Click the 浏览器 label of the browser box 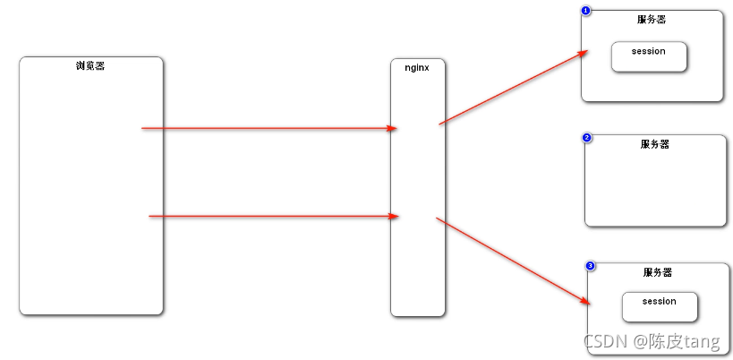90,65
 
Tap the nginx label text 417,67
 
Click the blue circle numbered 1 586,11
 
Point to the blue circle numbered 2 587,138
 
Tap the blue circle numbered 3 590,266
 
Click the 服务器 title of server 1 652,19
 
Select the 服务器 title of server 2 655,143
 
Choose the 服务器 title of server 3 657,271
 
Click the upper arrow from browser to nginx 268,128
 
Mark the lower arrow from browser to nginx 273,216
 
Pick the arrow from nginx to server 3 510,260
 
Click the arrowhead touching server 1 583,53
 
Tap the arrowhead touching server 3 584,302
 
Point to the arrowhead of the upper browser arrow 392,128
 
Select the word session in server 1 649,51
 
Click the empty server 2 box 655,188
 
